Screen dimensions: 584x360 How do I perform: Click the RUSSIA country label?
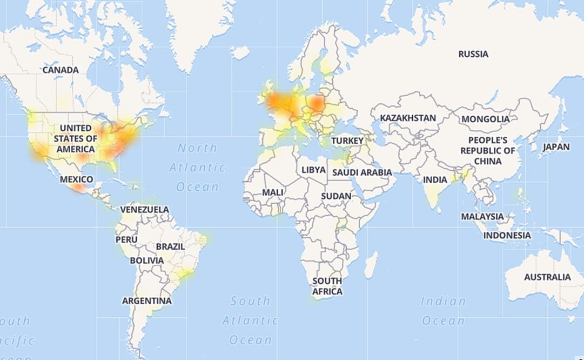(473, 54)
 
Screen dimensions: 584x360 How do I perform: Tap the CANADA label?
(61, 70)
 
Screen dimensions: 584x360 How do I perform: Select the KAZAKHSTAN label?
(408, 118)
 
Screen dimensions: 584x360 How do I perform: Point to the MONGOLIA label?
(485, 119)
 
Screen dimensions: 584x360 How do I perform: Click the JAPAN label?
(556, 146)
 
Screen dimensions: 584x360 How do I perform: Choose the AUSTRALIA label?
(547, 277)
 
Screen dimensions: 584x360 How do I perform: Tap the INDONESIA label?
(507, 235)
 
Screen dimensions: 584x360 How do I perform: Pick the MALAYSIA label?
(482, 216)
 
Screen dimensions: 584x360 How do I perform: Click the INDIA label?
(435, 179)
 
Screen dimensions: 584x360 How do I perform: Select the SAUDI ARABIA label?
(362, 172)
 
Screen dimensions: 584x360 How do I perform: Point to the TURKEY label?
(347, 141)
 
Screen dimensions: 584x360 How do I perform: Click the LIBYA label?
(313, 170)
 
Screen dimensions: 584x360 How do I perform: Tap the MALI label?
(272, 192)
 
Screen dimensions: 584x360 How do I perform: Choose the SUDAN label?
(336, 196)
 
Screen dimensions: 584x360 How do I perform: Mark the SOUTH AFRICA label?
(327, 286)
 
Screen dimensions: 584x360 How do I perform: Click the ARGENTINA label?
(146, 301)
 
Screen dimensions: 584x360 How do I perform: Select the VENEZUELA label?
(144, 209)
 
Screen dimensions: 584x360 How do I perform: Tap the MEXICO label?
(76, 179)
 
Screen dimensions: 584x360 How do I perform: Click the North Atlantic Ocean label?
(197, 167)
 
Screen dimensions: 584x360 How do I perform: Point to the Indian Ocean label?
(443, 311)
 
